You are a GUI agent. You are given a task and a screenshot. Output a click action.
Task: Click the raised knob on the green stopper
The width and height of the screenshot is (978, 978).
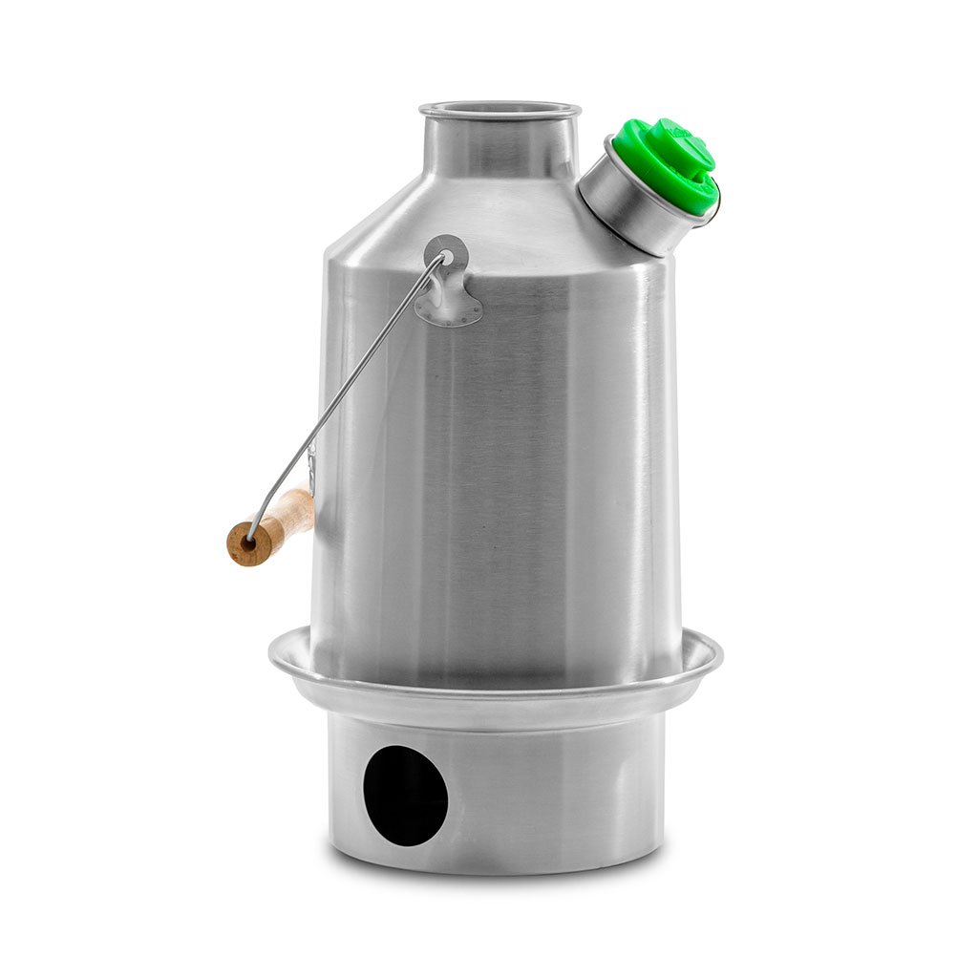coord(681,144)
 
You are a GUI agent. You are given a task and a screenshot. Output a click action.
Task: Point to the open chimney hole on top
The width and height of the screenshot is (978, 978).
coord(499,108)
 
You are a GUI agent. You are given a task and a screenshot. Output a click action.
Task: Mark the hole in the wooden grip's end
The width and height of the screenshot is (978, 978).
coord(247,542)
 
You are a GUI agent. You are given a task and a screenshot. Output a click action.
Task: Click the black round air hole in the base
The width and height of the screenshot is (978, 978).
coord(404,795)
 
